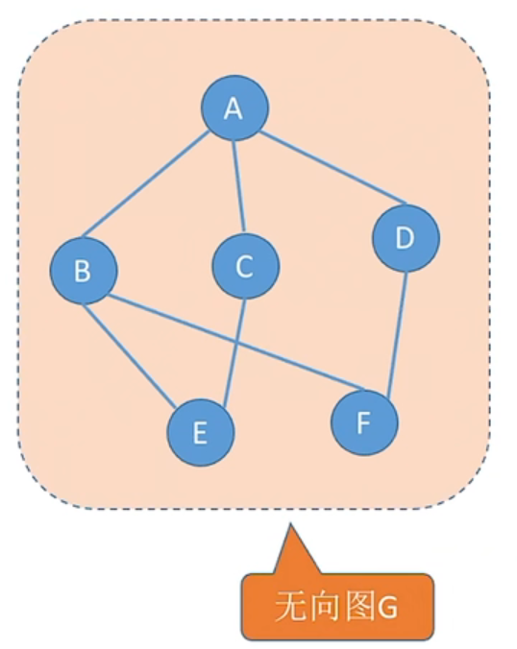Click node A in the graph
234,108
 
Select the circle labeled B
84,271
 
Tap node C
246,266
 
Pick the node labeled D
406,238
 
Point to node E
201,433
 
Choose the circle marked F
364,422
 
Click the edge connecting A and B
146,184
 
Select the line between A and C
239,186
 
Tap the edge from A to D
333,168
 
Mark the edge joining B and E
130,354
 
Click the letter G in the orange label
386,608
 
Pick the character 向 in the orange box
326,607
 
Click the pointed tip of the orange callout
290,523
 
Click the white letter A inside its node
234,108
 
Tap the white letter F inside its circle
363,423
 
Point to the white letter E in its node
200,433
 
